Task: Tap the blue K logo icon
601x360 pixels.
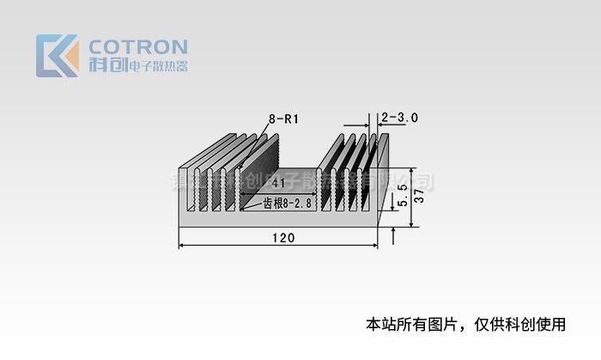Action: [57, 56]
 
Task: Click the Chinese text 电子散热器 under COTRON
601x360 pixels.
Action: [157, 66]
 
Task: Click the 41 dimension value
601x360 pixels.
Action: [278, 184]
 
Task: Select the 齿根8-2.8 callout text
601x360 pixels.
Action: [288, 204]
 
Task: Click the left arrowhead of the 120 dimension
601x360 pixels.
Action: [182, 247]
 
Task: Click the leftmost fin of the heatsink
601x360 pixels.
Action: [184, 185]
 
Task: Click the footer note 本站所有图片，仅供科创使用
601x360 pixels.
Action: [466, 325]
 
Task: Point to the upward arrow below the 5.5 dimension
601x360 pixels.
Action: [393, 233]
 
